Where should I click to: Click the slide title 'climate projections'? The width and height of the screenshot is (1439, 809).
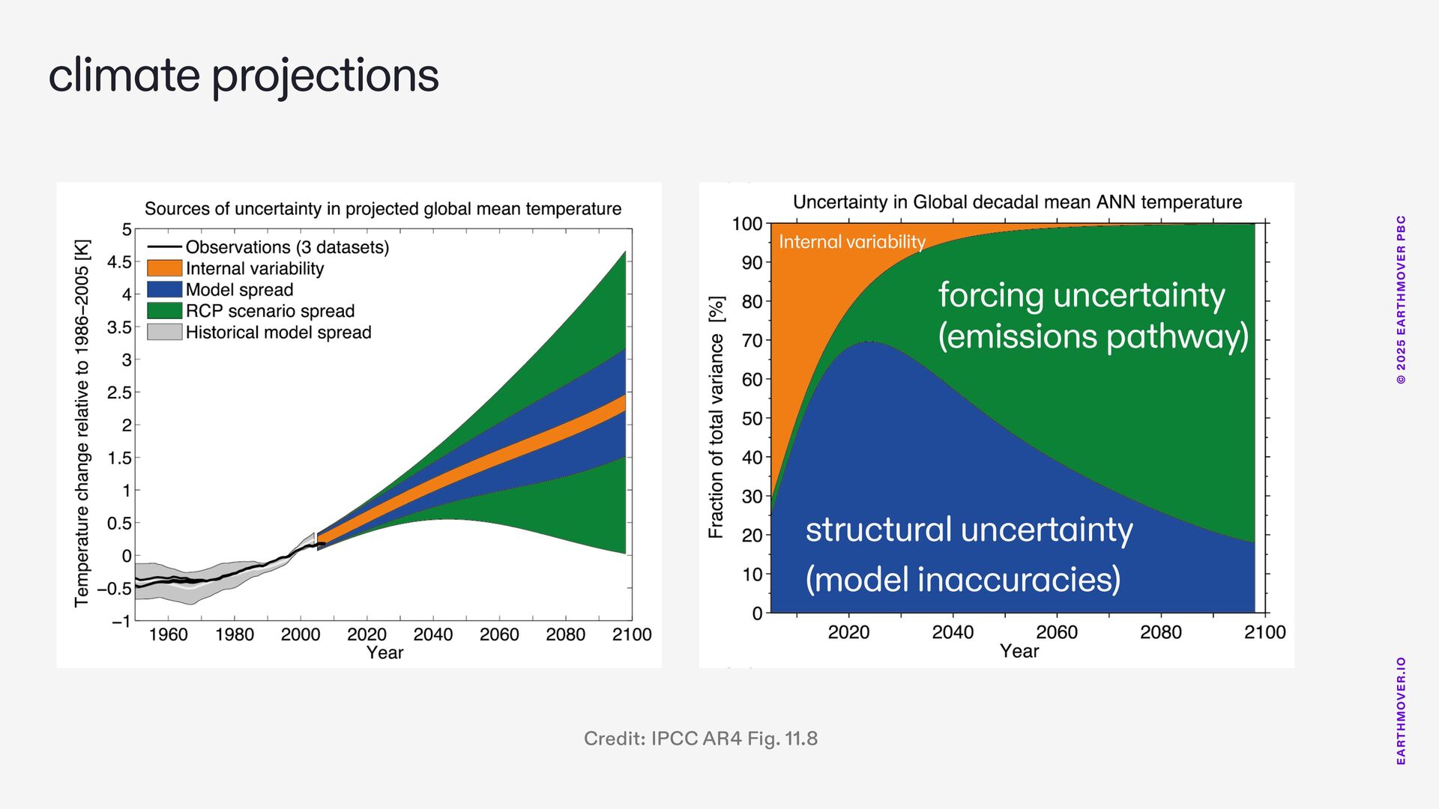pyautogui.click(x=244, y=76)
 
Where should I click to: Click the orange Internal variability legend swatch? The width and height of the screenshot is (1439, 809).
pyautogui.click(x=164, y=268)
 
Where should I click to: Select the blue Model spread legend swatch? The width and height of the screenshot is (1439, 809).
pyautogui.click(x=164, y=289)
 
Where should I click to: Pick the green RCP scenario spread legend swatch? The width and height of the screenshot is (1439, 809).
pyautogui.click(x=164, y=310)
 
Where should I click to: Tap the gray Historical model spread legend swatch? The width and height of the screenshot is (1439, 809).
pyautogui.click(x=164, y=331)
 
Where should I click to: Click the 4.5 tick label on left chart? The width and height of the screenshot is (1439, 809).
pyautogui.click(x=119, y=262)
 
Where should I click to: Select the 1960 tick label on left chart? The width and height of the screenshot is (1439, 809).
pyautogui.click(x=168, y=634)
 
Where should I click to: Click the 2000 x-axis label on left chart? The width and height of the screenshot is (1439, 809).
pyautogui.click(x=301, y=634)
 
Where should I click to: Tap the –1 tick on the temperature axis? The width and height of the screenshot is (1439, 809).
pyautogui.click(x=121, y=621)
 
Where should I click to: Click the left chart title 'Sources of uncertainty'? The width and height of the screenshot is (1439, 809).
pyautogui.click(x=383, y=209)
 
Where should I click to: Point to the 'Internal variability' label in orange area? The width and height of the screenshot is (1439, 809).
pyautogui.click(x=852, y=242)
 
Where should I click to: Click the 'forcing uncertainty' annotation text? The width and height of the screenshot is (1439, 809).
pyautogui.click(x=1081, y=295)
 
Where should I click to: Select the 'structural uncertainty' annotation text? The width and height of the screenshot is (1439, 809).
pyautogui.click(x=969, y=530)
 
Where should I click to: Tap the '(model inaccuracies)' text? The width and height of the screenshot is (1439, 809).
pyautogui.click(x=963, y=579)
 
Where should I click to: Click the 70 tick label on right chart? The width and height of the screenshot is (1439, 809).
pyautogui.click(x=752, y=341)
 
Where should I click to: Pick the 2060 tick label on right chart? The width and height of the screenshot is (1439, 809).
pyautogui.click(x=1057, y=632)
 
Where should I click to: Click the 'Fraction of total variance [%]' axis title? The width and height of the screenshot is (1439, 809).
pyautogui.click(x=717, y=416)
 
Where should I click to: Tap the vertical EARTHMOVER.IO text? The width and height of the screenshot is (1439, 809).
pyautogui.click(x=1401, y=711)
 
